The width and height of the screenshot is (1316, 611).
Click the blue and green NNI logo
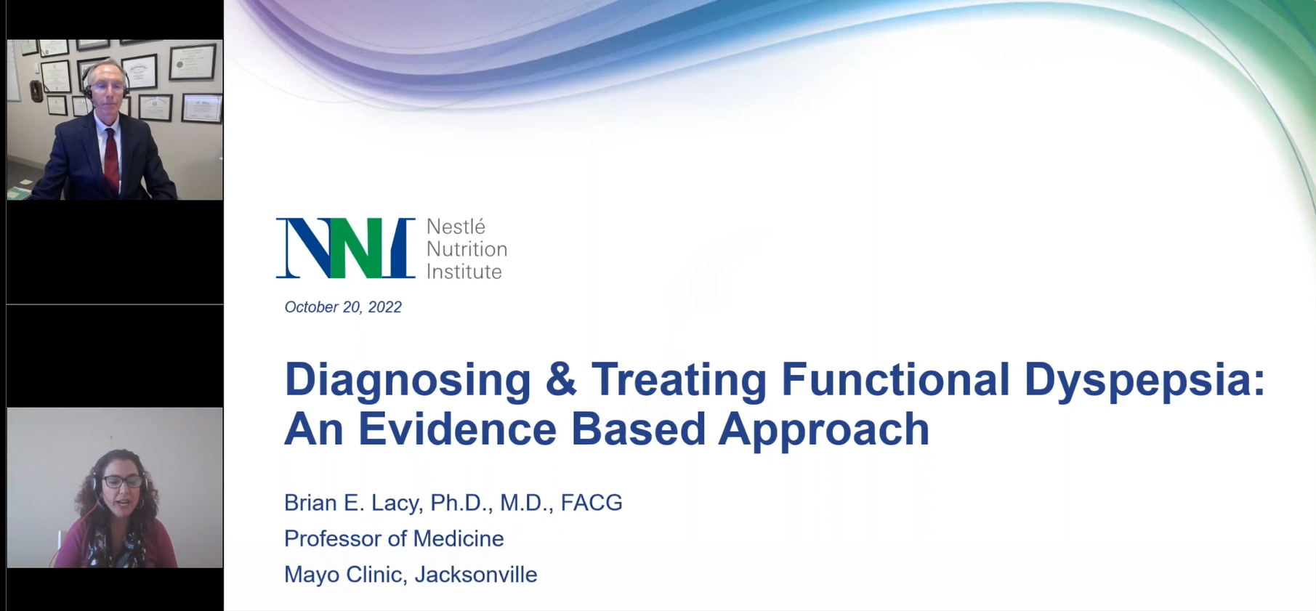coord(346,248)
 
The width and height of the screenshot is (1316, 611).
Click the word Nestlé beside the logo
coord(456,226)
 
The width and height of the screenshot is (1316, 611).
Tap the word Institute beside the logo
coord(464,272)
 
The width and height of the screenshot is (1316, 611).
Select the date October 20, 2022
coord(343,307)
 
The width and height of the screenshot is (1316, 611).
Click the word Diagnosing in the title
coord(408,380)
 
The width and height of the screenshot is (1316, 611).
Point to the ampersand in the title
coord(561,379)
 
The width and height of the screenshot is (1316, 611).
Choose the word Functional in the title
coord(895,379)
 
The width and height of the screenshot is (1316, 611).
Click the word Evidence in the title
coord(457,429)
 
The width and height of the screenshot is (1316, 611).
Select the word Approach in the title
coord(824,429)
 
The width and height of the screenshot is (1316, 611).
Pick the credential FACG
coord(592,503)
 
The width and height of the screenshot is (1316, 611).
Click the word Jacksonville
coord(476,575)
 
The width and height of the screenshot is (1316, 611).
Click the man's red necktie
coord(110,159)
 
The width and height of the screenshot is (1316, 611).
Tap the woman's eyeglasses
coord(121,481)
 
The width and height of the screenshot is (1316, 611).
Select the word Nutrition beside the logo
coord(467,249)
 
